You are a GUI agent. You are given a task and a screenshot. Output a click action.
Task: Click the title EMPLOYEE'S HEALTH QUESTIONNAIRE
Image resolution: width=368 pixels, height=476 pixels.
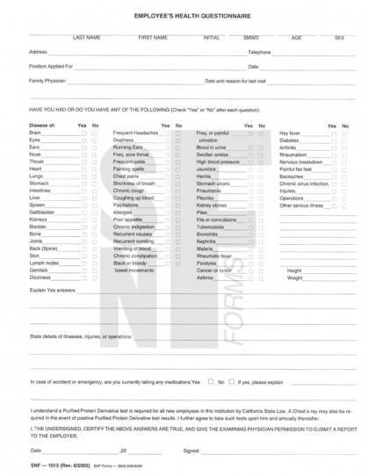pos(184,17)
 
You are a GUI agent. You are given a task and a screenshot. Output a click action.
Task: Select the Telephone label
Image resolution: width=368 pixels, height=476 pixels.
pos(260,53)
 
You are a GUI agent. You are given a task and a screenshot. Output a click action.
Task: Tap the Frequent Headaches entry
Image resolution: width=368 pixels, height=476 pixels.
pos(134,132)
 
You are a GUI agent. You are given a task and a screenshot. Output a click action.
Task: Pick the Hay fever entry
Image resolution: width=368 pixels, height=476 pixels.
pos(290,132)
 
